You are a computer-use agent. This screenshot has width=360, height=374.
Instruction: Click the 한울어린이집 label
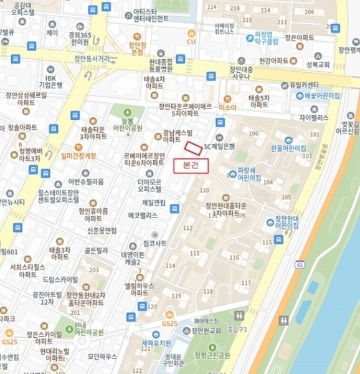point(288,148)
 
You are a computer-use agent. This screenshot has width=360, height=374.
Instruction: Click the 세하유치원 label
point(156,343)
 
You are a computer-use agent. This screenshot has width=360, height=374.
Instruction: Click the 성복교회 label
point(317,63)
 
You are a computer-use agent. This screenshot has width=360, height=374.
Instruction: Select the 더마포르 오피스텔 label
point(149,185)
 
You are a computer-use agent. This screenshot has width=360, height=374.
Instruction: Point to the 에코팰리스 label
point(143,214)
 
